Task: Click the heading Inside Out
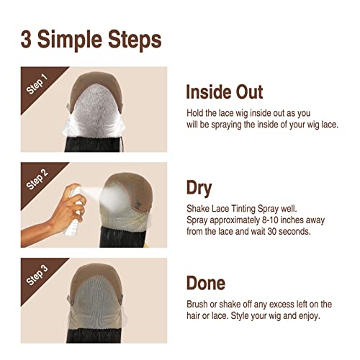click(224, 92)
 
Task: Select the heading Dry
click(199, 189)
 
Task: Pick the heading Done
click(205, 283)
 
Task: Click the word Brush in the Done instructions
click(198, 304)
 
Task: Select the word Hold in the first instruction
click(197, 113)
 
